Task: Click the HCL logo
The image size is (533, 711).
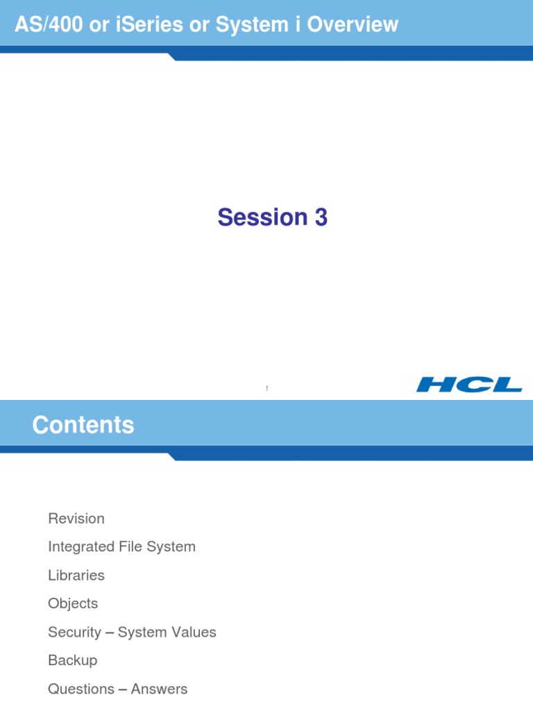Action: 469,385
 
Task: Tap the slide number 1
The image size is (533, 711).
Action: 266,389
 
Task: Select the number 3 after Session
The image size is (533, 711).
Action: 321,217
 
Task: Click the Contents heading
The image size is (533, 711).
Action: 83,425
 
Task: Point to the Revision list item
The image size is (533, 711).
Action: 76,519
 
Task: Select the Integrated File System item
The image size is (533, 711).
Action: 121,547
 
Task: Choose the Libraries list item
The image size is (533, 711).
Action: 76,576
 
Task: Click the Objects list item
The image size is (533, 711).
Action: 73,604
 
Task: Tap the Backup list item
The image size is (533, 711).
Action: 73,661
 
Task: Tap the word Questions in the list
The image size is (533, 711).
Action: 81,689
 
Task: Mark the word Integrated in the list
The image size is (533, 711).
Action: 80,547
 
